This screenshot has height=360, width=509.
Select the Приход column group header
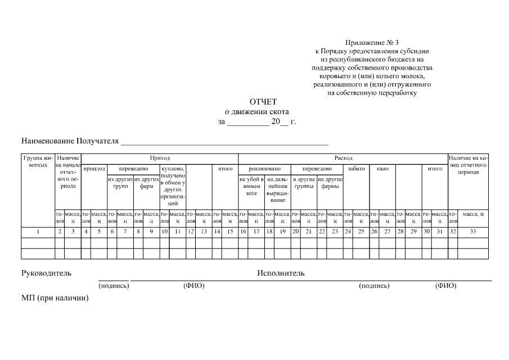pyautogui.click(x=160, y=159)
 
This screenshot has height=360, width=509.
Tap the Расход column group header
pyautogui.click(x=343, y=159)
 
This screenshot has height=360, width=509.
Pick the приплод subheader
pyautogui.click(x=94, y=168)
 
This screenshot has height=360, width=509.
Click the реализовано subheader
pyautogui.click(x=264, y=168)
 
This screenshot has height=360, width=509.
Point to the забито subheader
pyautogui.click(x=356, y=168)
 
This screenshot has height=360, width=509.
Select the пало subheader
pyautogui.click(x=382, y=168)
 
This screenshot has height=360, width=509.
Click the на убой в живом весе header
pyautogui.click(x=251, y=186)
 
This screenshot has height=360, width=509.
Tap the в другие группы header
pyautogui.click(x=304, y=183)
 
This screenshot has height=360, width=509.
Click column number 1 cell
pyautogui.click(x=38, y=231)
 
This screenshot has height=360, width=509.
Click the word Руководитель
pyautogui.click(x=47, y=273)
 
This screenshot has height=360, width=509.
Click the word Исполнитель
pyautogui.click(x=281, y=273)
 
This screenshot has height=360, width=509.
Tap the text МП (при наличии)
pyautogui.click(x=55, y=298)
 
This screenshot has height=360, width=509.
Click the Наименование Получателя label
pyautogui.click(x=70, y=141)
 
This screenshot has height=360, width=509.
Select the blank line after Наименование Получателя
pyautogui.click(x=225, y=142)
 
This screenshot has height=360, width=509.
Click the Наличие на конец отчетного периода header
pyautogui.click(x=468, y=165)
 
